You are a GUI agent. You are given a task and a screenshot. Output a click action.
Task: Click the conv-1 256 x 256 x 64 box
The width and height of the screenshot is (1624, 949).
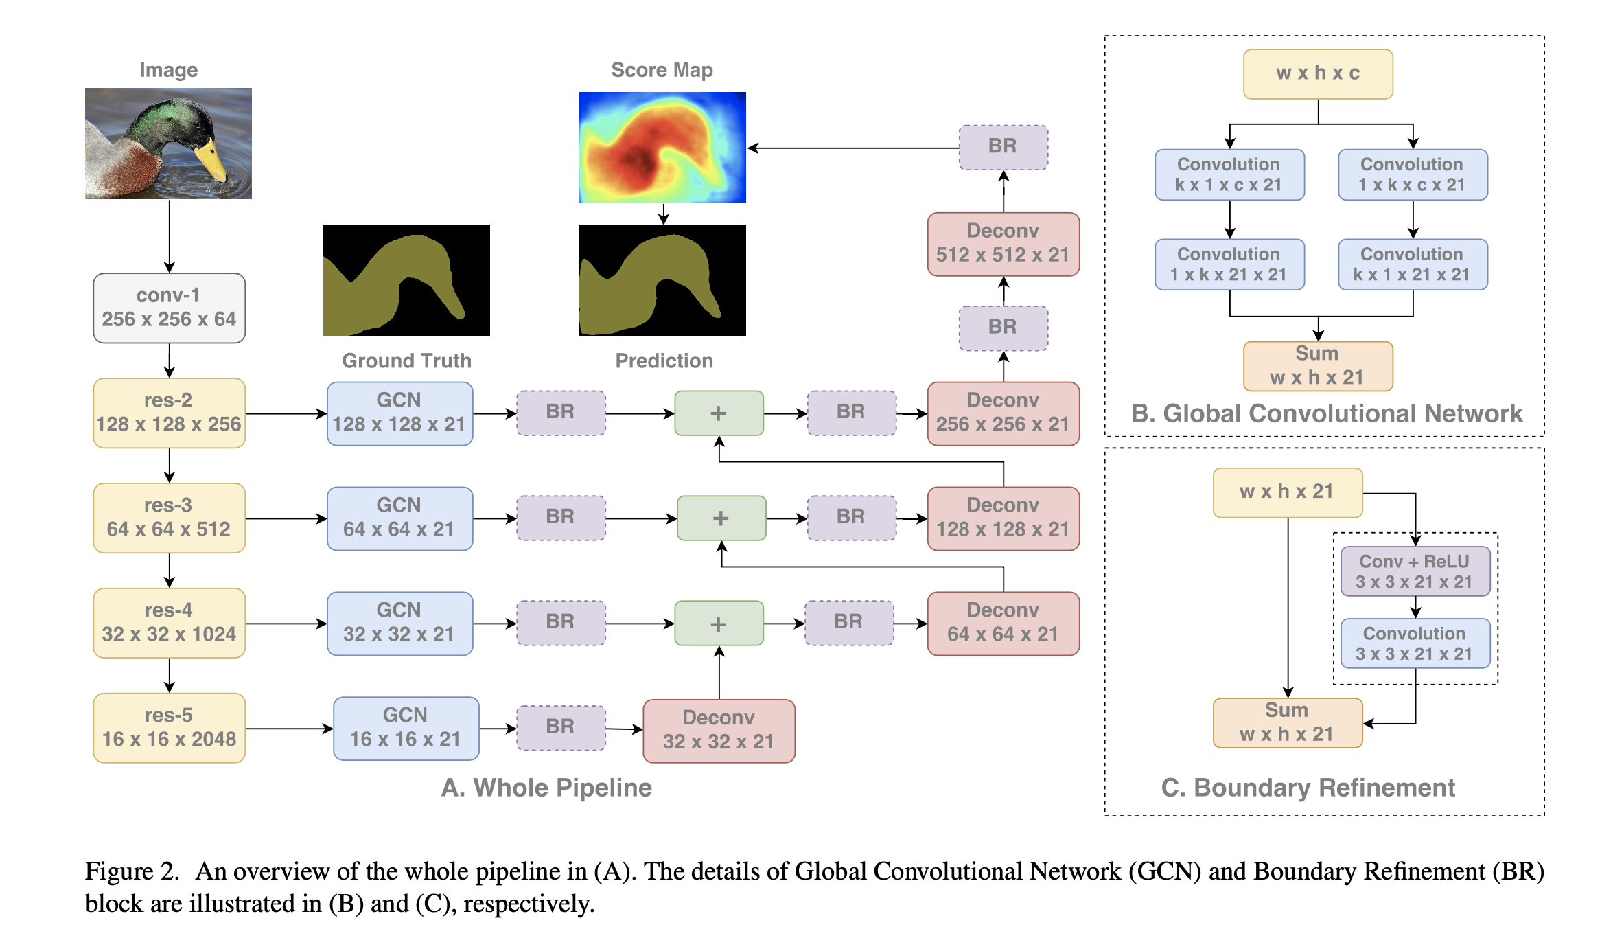[x=169, y=308]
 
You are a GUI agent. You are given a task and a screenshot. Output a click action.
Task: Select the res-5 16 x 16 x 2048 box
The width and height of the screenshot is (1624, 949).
[x=169, y=727]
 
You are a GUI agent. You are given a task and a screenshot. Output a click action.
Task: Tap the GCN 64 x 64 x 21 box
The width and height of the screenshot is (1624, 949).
[x=399, y=518]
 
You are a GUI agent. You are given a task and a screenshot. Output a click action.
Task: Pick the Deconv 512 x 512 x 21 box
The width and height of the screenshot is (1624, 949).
[x=1003, y=243]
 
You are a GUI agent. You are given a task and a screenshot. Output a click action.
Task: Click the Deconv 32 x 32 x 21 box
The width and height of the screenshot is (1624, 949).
[x=719, y=730]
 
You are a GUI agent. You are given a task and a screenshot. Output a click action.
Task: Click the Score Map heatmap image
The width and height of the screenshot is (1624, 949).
[x=662, y=147]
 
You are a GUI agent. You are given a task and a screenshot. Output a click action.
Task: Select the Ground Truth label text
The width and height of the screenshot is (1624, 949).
[x=406, y=361]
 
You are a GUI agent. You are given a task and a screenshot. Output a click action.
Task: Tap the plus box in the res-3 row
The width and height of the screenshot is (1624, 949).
[x=721, y=518]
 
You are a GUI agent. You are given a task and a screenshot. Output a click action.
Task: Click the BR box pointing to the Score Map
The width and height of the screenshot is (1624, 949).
[x=1003, y=146]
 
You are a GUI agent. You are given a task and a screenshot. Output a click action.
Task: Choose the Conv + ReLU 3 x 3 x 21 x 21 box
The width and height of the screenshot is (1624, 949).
[x=1415, y=571]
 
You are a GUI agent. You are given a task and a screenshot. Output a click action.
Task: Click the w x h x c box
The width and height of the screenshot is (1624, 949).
[x=1318, y=73]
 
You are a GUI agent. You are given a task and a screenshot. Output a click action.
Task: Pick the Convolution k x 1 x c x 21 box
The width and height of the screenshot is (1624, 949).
[x=1229, y=174]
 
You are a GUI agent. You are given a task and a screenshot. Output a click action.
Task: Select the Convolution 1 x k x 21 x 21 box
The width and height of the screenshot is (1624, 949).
[x=1229, y=264]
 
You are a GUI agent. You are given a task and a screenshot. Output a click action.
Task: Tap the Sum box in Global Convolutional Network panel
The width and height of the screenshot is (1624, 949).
[x=1317, y=365]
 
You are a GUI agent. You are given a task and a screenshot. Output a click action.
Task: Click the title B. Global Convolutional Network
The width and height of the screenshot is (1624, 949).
[x=1326, y=413]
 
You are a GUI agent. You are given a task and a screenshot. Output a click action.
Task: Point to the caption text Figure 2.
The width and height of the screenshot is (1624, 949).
[x=131, y=871]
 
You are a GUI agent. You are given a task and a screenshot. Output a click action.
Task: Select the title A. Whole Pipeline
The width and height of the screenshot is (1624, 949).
[x=546, y=788]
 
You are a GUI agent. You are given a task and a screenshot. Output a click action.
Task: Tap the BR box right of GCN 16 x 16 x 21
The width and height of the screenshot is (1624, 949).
[x=561, y=727]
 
